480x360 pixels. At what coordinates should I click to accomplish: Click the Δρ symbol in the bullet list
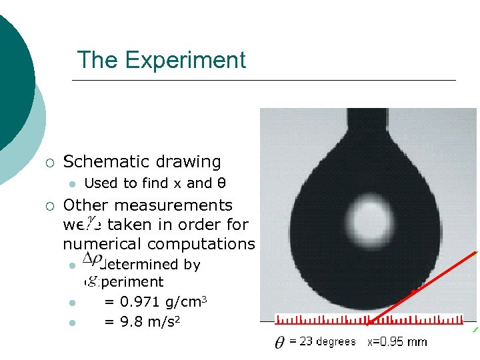tap(91, 257)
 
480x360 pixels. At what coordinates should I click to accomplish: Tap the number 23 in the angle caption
tap(305, 341)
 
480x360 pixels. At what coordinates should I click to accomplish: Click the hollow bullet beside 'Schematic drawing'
tap(49, 162)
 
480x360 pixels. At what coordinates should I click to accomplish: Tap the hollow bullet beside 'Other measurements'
tap(49, 206)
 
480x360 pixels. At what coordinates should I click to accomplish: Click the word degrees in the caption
tap(336, 342)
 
